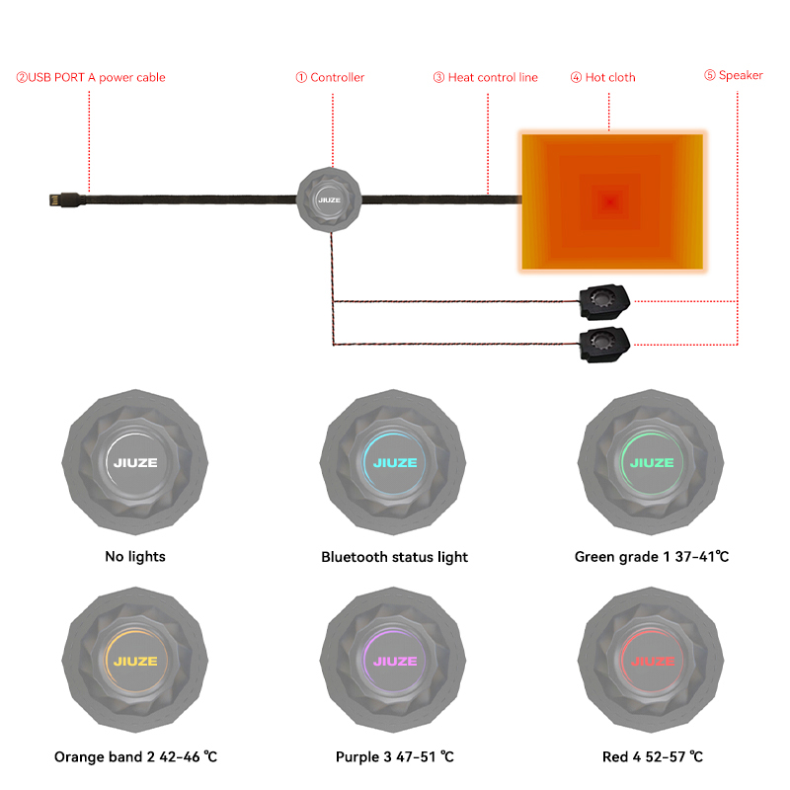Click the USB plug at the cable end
(64, 199)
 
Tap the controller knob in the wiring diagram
(329, 200)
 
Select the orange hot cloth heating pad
(612, 201)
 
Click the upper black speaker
(604, 302)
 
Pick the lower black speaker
(604, 345)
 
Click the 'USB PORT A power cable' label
(91, 77)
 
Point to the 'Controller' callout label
(330, 77)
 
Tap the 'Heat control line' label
(486, 77)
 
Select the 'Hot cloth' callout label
(603, 77)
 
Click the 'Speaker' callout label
(734, 75)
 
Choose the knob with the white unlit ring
(135, 462)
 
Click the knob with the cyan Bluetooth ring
(393, 462)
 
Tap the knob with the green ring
(651, 462)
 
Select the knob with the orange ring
(135, 660)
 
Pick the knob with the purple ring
(393, 660)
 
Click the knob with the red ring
(651, 660)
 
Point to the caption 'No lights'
(135, 557)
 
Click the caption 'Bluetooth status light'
(394, 557)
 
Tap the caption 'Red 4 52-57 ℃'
(653, 756)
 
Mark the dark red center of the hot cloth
(610, 202)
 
